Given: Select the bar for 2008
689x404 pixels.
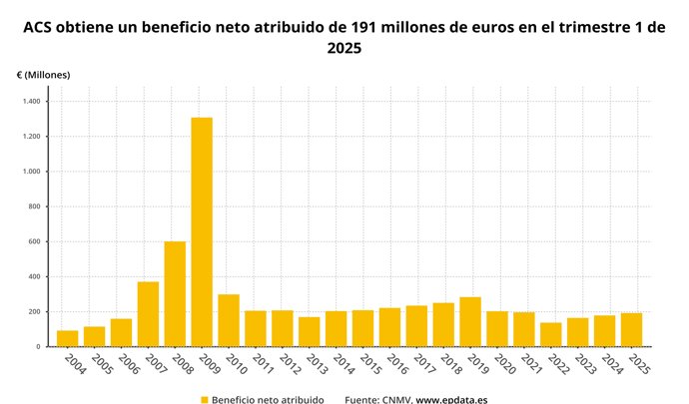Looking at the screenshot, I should coord(175,294).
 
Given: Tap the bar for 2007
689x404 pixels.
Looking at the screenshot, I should coord(148,314).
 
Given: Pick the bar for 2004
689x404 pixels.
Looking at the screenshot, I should coord(68,339).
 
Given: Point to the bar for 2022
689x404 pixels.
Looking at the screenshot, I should coord(551,335).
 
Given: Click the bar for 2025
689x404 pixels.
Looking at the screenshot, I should coord(631,330).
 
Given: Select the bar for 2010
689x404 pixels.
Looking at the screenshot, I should coord(229,320).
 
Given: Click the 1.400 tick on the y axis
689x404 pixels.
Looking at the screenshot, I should coord(31,102).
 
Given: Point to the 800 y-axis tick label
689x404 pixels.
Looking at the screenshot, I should coord(35,206).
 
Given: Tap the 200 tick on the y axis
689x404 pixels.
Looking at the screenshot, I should coord(35,311).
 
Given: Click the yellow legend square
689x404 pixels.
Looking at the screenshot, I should coord(205,399).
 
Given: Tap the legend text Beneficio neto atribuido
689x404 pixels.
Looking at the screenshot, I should coord(268,399).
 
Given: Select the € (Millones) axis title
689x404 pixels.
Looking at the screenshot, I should coord(43,75).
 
